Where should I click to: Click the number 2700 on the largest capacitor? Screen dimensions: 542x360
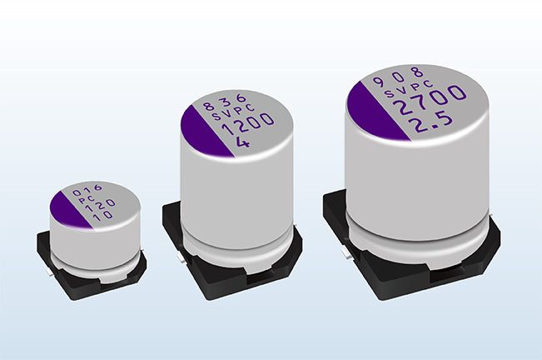[430, 100]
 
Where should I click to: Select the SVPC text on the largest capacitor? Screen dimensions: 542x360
[409, 88]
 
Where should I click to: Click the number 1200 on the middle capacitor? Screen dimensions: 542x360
[247, 125]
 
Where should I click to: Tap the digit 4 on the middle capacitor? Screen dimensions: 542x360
[243, 142]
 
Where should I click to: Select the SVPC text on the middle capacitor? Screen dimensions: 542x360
[233, 112]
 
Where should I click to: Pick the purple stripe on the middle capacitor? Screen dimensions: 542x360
[204, 132]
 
